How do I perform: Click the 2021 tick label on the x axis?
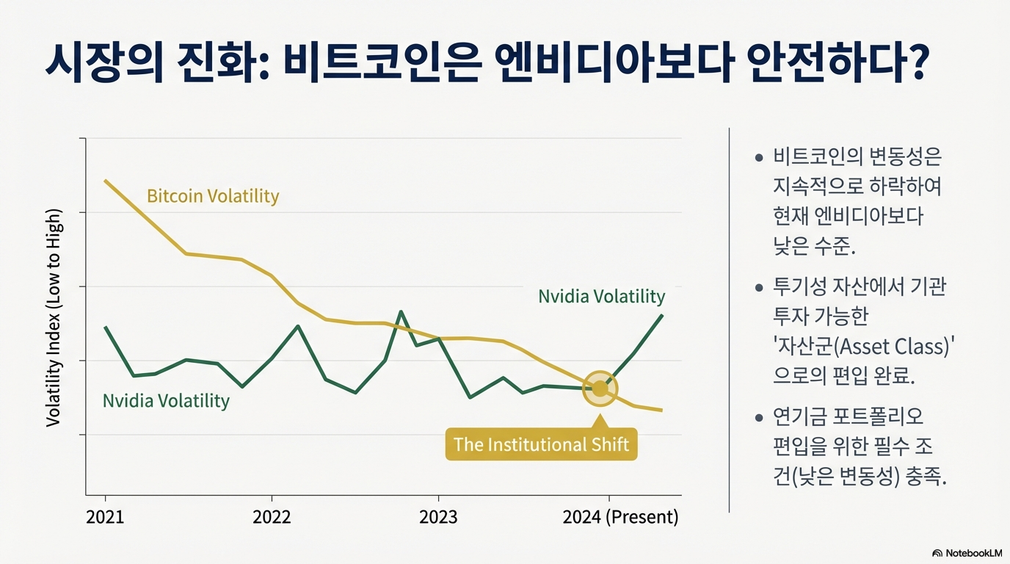tap(105, 517)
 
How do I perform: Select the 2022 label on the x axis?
tap(272, 517)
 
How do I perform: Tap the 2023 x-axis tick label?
tap(438, 517)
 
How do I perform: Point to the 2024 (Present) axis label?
tap(620, 517)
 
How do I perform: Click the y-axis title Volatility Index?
tap(54, 318)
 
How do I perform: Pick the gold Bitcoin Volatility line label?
tap(213, 196)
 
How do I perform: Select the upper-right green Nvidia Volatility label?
tap(601, 297)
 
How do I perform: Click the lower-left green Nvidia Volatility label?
tap(166, 401)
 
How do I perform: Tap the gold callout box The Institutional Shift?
tap(541, 444)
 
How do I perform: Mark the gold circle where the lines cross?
tap(600, 388)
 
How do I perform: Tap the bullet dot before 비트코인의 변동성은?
tap(759, 158)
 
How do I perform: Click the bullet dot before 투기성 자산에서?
tap(759, 287)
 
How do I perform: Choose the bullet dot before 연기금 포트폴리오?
tap(759, 418)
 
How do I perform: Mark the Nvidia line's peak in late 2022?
tap(401, 311)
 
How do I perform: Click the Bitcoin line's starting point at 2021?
tap(106, 180)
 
